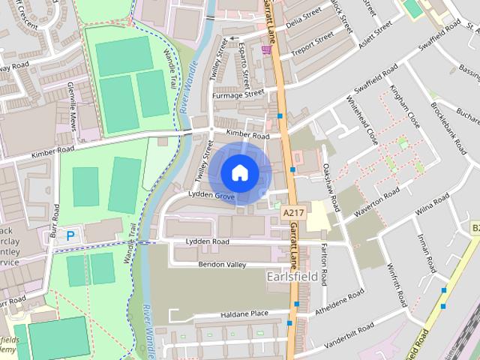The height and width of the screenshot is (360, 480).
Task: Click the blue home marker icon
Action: [x=238, y=172]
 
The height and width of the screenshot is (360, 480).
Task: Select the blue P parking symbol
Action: [x=70, y=235]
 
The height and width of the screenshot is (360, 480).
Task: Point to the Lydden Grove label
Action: [x=211, y=196]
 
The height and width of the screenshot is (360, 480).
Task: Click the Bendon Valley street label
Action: [x=222, y=265]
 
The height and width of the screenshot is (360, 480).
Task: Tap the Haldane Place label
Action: [x=244, y=313]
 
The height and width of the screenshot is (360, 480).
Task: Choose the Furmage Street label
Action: [x=239, y=95]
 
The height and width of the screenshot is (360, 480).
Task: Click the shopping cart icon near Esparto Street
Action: [x=266, y=49]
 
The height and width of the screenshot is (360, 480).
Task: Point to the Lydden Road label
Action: [x=207, y=241]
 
